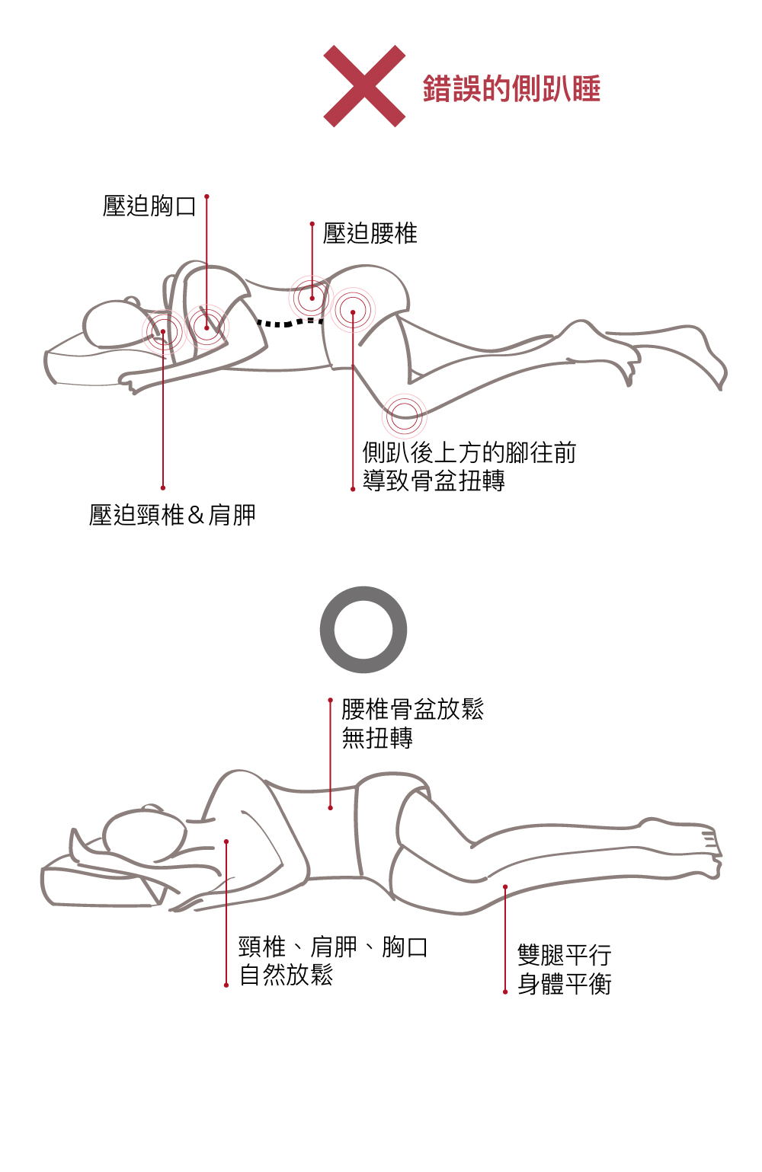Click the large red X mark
coord(364,86)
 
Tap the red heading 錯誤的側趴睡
coord(511,88)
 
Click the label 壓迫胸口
coord(149,206)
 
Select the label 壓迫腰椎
coord(370,233)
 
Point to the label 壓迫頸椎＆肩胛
coord(172,515)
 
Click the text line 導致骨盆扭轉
coord(434,481)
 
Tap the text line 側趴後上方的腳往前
coord(469,452)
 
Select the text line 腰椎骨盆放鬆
coord(413,710)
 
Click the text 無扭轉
coord(377,738)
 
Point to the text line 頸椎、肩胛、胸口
coord(334,947)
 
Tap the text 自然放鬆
coord(286,976)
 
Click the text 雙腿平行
coord(565,955)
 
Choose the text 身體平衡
coord(565,984)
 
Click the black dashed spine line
coord(290,322)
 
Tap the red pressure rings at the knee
coord(405,417)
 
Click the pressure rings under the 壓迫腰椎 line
coord(312,298)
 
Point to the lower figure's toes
coord(713,848)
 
